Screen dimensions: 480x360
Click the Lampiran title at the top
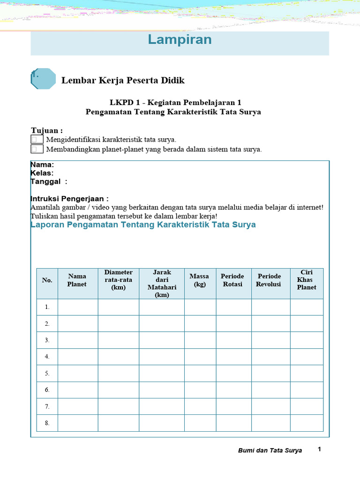(x=180, y=40)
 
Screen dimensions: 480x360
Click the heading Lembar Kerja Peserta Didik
(x=123, y=80)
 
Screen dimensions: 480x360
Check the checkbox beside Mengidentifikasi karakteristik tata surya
(x=37, y=139)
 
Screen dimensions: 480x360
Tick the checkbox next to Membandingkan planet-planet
(x=37, y=149)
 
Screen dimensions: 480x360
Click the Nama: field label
(x=42, y=165)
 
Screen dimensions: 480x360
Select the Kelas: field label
(x=42, y=173)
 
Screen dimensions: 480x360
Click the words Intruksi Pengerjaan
(x=69, y=198)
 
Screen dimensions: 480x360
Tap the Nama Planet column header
(x=77, y=280)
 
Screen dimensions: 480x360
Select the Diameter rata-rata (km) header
(x=118, y=280)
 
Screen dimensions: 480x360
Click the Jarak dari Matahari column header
(x=162, y=284)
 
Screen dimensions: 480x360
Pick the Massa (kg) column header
(x=200, y=280)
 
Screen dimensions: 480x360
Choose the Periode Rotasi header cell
(x=233, y=280)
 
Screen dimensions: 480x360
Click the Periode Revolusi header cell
(x=270, y=280)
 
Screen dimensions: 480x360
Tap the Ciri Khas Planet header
(x=307, y=280)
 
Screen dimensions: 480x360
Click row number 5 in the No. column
(x=47, y=373)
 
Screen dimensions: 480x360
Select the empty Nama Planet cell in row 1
(x=77, y=307)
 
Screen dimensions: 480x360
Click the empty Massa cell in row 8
(x=200, y=423)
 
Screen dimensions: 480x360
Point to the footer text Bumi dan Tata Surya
(x=270, y=450)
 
